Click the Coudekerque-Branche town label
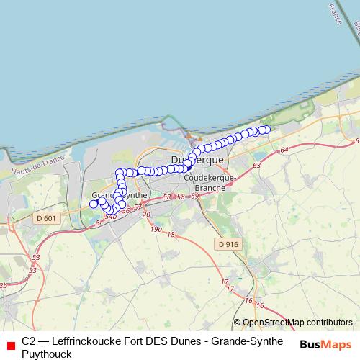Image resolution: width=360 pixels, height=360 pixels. (x=206, y=182)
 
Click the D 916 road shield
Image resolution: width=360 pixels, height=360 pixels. (x=228, y=245)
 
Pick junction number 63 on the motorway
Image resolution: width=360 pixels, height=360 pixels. (x=257, y=166)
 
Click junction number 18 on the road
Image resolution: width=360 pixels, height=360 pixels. (x=171, y=235)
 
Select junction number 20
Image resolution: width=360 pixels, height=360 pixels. (x=146, y=215)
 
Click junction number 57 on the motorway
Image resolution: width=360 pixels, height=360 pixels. (x=138, y=207)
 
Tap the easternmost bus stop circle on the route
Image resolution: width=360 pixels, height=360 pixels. (x=266, y=130)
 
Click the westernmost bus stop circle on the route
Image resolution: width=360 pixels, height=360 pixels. (x=93, y=204)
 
